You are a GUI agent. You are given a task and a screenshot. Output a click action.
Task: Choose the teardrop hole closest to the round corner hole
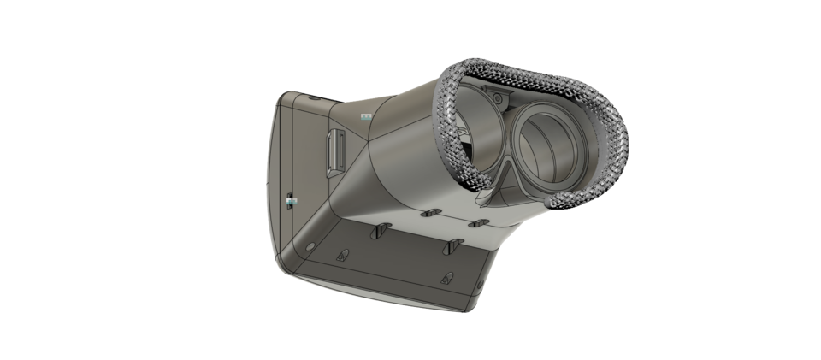tap(344, 254)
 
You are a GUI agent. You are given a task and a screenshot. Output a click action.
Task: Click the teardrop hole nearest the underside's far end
tap(447, 276)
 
